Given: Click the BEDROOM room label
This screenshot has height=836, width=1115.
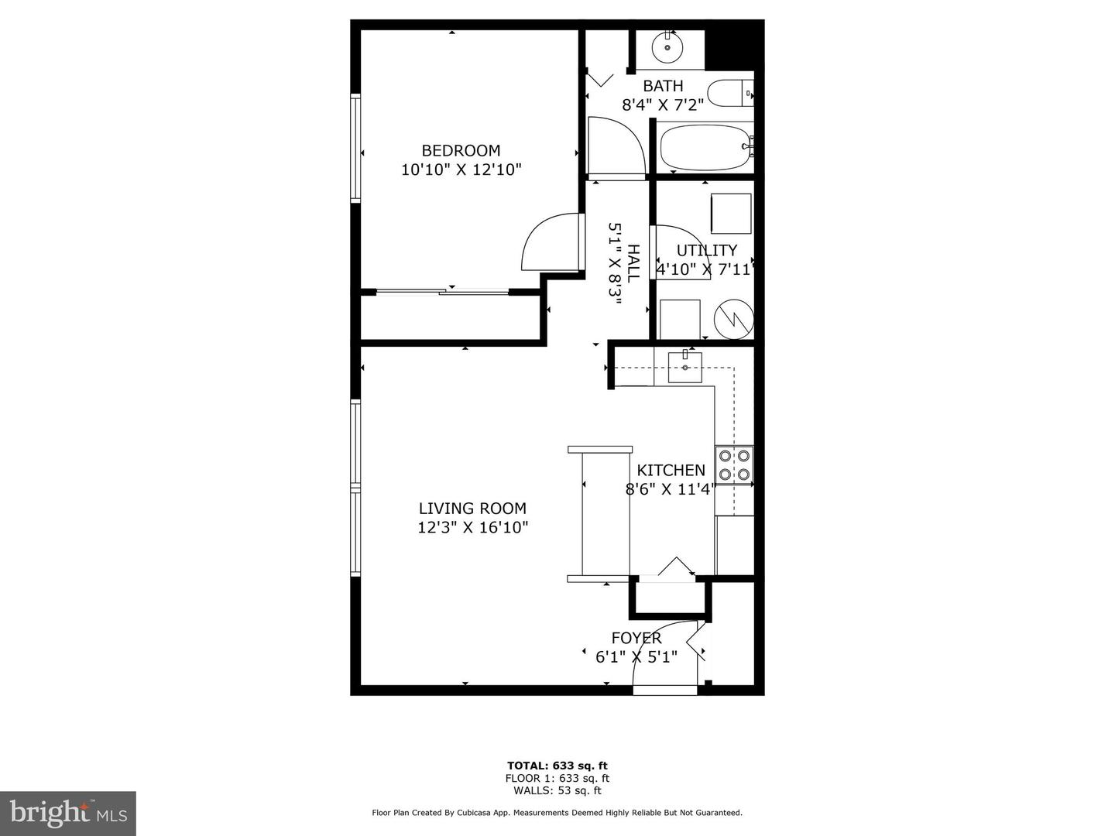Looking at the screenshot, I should [461, 150].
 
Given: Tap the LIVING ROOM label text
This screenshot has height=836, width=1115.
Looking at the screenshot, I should [472, 509].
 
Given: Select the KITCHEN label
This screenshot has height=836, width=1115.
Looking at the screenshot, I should [671, 470].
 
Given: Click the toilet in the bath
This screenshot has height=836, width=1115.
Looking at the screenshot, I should [729, 94].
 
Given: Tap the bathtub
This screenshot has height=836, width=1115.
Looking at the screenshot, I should [705, 148].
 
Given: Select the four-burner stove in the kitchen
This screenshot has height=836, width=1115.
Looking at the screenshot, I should [734, 465].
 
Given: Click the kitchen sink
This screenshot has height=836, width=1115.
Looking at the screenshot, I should [685, 366].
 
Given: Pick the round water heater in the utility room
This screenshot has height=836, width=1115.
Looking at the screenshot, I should [733, 319].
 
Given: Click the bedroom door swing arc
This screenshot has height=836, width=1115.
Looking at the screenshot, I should [548, 242].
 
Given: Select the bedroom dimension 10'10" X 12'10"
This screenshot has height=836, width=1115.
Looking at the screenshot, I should [461, 170].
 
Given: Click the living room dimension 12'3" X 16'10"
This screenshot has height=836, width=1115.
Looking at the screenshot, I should [472, 528].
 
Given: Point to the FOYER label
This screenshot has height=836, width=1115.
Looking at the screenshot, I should [636, 638].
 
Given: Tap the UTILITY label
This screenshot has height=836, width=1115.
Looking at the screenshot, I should [706, 250].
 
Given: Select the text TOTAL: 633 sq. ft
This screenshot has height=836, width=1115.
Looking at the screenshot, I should [557, 766].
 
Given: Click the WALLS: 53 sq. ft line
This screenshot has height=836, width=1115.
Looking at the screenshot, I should [557, 790].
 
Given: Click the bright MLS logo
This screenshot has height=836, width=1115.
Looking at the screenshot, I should [68, 813].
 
